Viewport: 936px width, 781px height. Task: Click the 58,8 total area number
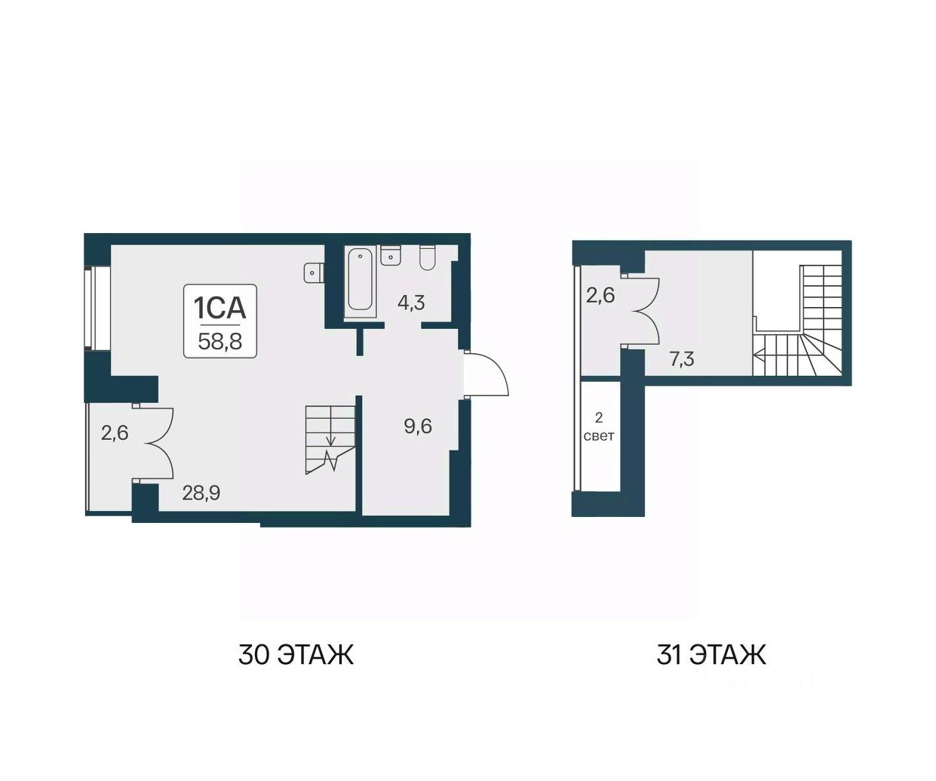220,342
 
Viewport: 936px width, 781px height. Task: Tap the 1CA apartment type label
219,307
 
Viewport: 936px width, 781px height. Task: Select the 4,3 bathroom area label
411,303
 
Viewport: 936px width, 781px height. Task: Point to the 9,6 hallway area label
418,426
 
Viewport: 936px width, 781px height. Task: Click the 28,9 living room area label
201,494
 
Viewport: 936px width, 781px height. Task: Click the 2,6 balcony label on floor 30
115,433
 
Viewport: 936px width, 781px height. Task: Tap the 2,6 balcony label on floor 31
600,296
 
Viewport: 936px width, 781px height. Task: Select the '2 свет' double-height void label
599,427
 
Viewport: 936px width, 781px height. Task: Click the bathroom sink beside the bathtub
391,255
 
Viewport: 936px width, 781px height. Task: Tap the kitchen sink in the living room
314,272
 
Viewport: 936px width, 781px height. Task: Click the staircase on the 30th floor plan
330,440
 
